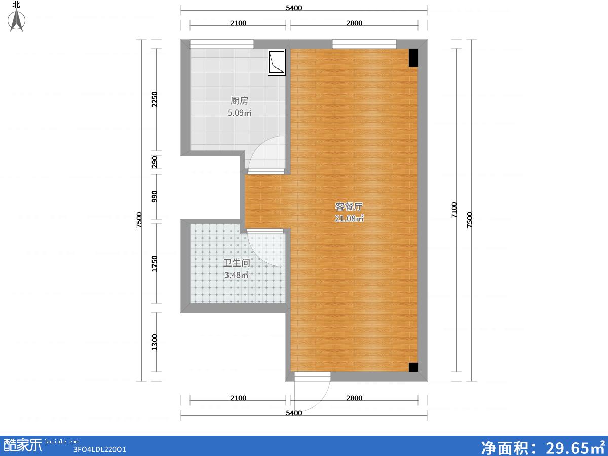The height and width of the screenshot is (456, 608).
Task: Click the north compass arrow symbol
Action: coord(17,20)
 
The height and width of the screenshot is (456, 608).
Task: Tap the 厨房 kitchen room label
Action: coord(239,100)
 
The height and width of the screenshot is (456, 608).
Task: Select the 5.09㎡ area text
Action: coord(240,112)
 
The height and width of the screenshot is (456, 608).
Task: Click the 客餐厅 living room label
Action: coord(349,207)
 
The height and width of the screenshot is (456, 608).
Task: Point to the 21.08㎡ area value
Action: coord(349,219)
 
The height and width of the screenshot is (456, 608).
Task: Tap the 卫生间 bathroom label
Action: coord(237,263)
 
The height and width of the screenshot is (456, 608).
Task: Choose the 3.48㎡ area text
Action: coord(236,275)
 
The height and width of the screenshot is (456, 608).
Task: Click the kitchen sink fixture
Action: coord(277,62)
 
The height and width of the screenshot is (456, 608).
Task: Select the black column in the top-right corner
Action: coord(413,58)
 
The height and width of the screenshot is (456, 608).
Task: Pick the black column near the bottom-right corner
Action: coord(413,367)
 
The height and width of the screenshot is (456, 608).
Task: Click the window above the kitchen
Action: coord(221,44)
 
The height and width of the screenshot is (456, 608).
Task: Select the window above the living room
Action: coord(364,44)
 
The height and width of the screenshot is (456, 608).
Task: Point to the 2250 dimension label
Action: coord(155,99)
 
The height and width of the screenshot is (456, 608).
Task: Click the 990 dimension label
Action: coord(155,196)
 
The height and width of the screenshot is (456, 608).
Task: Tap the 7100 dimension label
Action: coord(454,210)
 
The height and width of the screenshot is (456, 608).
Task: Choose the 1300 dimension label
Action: coord(155,342)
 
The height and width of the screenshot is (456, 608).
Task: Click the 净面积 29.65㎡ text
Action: coord(543,448)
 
